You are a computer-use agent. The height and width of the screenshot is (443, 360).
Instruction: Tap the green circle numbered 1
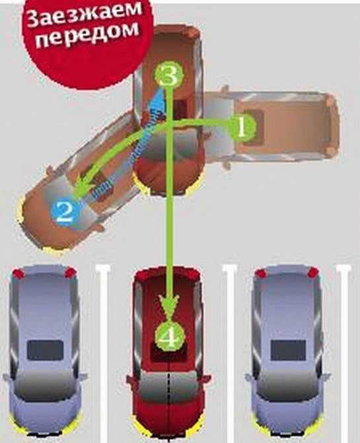pos(242,128)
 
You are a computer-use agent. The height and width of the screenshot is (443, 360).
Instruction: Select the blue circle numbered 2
pos(65,212)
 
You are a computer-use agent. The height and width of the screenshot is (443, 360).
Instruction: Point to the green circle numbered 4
pos(170,337)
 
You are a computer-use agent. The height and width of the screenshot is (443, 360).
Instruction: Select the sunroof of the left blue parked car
pos(45,350)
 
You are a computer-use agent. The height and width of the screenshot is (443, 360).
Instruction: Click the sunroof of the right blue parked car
pos(288,350)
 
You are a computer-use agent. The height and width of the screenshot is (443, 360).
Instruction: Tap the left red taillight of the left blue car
pos(17,273)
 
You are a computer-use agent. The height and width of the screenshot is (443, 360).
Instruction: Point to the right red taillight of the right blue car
pos(312,273)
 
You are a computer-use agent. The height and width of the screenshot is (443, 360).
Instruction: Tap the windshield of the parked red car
pos(169,384)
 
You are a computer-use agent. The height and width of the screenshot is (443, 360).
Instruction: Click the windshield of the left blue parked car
pos(45,384)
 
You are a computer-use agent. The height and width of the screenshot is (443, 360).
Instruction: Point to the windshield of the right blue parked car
pos(288,384)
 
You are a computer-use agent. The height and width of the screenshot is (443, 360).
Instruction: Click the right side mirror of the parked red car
pos(206,379)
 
